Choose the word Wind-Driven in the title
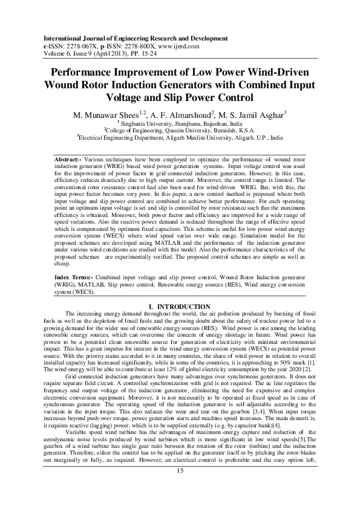pyautogui.click(x=273, y=71)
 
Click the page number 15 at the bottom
pyautogui.click(x=180, y=488)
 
